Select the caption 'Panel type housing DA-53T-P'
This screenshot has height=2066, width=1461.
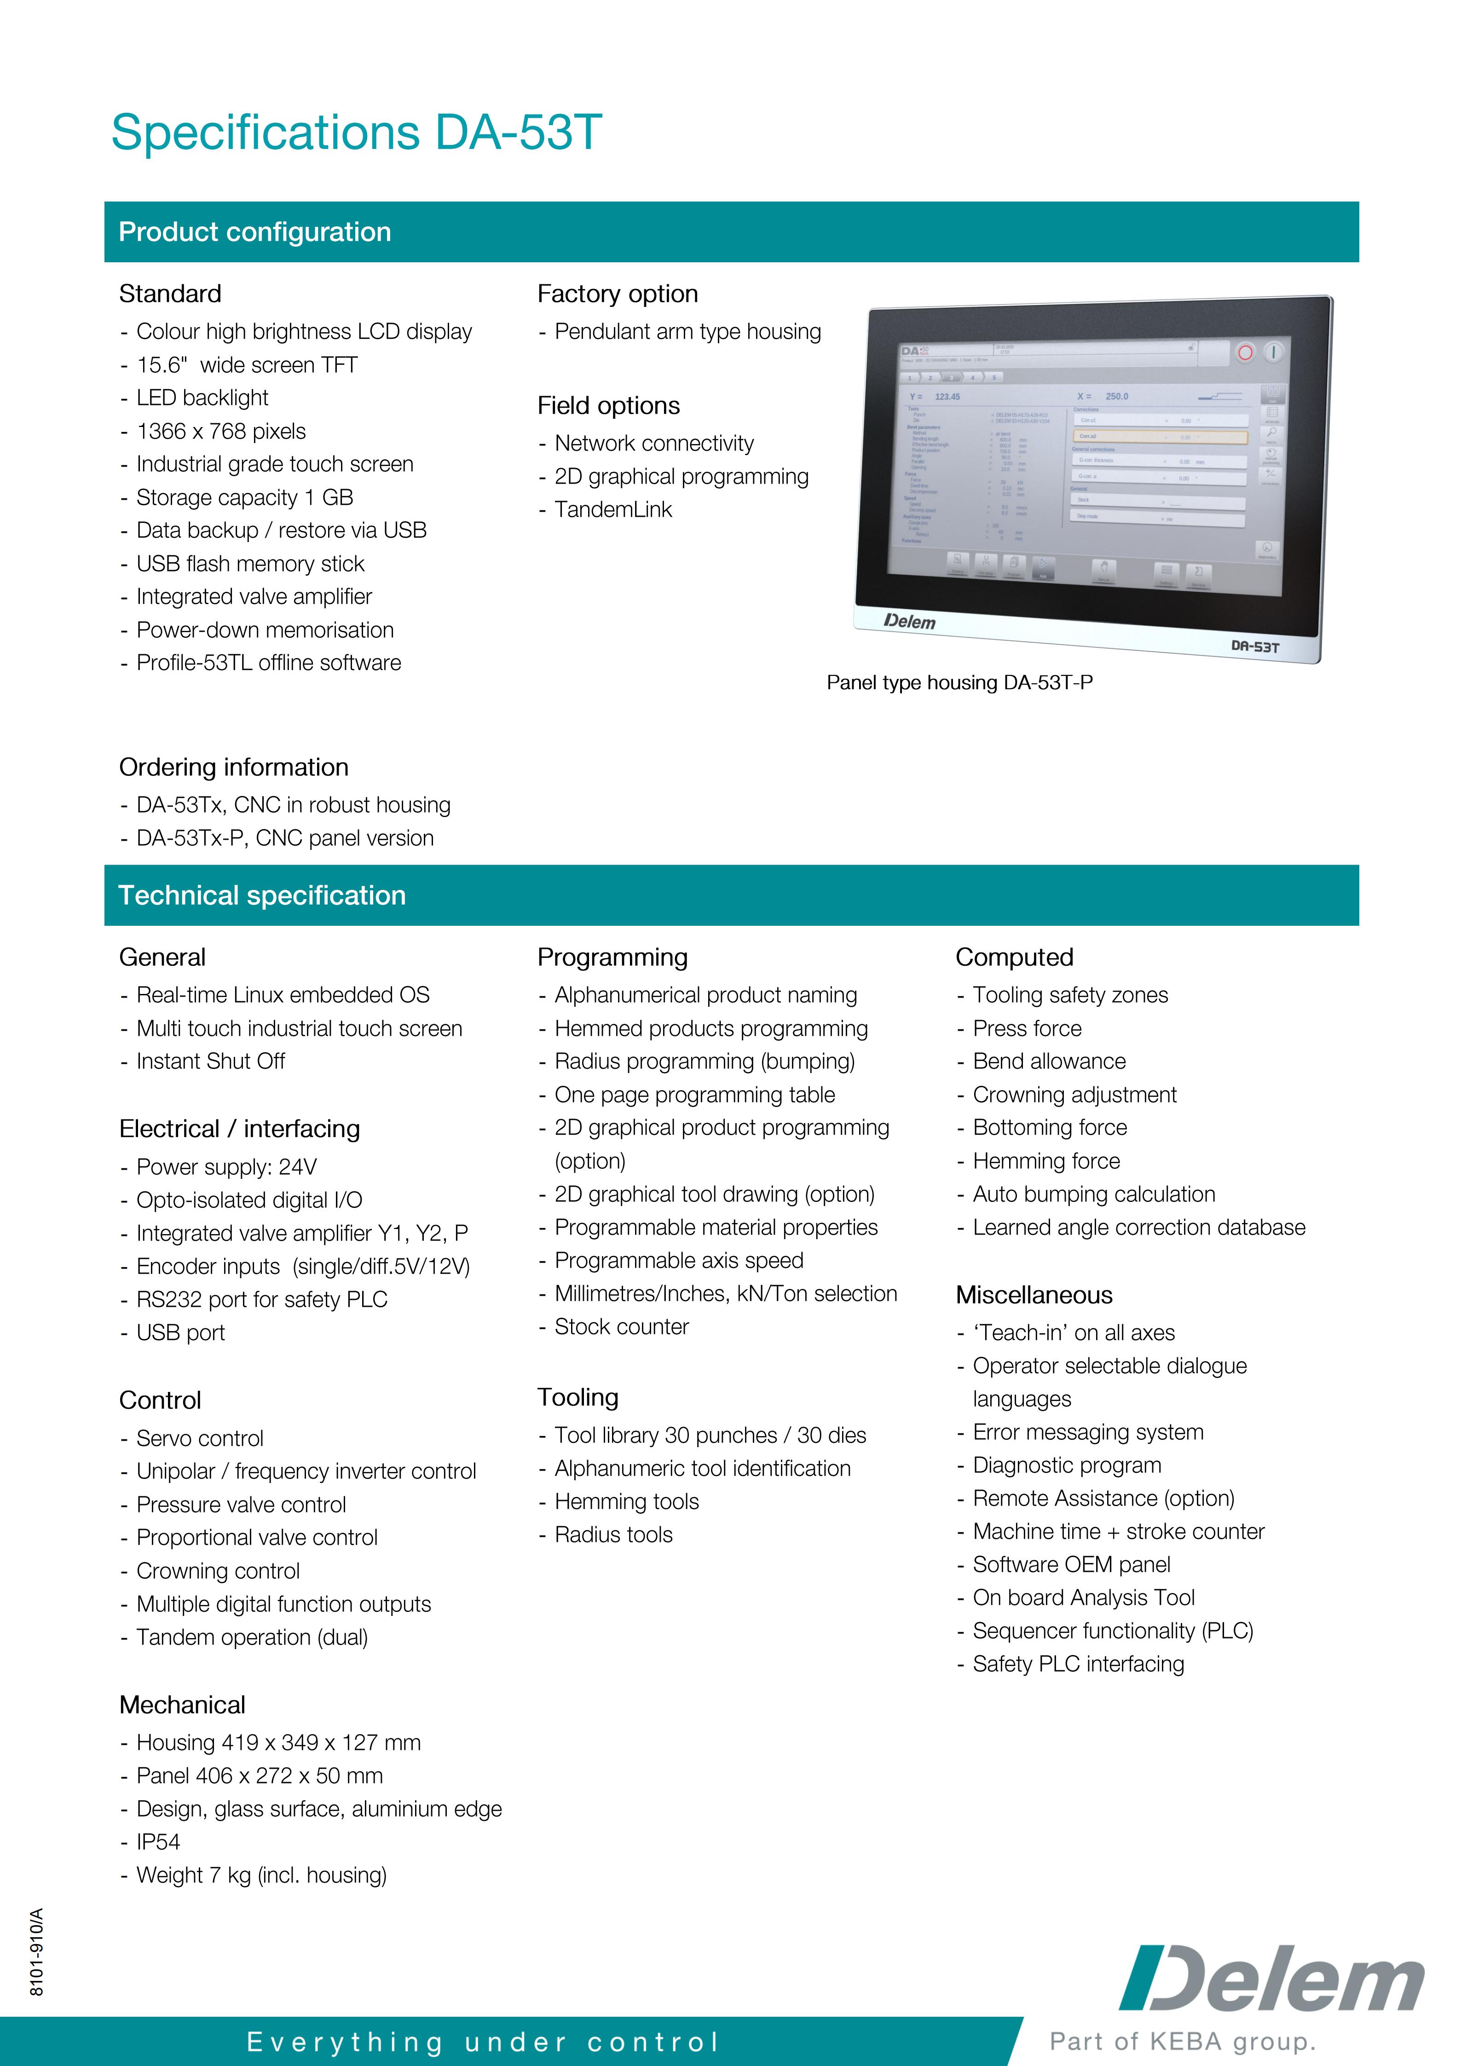click(959, 683)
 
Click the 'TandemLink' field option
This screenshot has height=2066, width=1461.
click(612, 510)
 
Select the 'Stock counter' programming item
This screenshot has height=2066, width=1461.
click(621, 1327)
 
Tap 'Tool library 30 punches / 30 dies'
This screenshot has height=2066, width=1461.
click(710, 1435)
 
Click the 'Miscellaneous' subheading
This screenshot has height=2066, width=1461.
click(1034, 1295)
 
